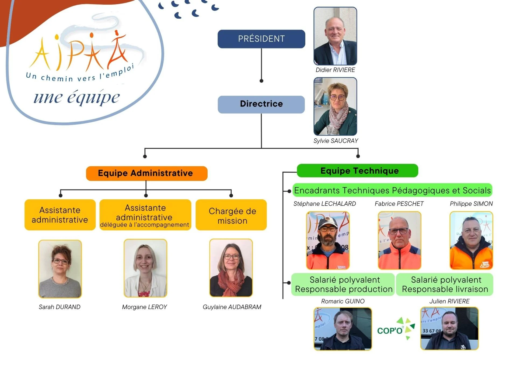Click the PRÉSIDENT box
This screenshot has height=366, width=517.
tap(261, 39)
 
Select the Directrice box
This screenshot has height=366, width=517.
tap(261, 104)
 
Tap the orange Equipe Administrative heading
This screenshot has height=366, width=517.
tap(146, 173)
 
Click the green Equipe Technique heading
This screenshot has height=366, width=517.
tap(357, 170)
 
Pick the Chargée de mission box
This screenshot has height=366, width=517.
tap(231, 215)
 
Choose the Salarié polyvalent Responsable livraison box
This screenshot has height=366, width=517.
tap(445, 285)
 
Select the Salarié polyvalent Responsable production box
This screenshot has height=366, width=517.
tap(343, 285)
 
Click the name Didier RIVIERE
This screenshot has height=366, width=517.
tap(335, 70)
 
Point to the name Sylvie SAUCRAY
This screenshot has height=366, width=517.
tap(336, 141)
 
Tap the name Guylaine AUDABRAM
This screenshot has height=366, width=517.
tap(232, 307)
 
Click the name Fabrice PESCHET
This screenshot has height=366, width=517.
tap(399, 204)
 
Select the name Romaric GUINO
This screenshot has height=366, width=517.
tap(343, 301)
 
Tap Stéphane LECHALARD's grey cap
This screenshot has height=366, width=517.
tap(327, 222)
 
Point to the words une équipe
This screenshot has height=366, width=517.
tap(77, 98)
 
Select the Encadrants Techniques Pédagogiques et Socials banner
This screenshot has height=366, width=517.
tap(392, 190)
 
